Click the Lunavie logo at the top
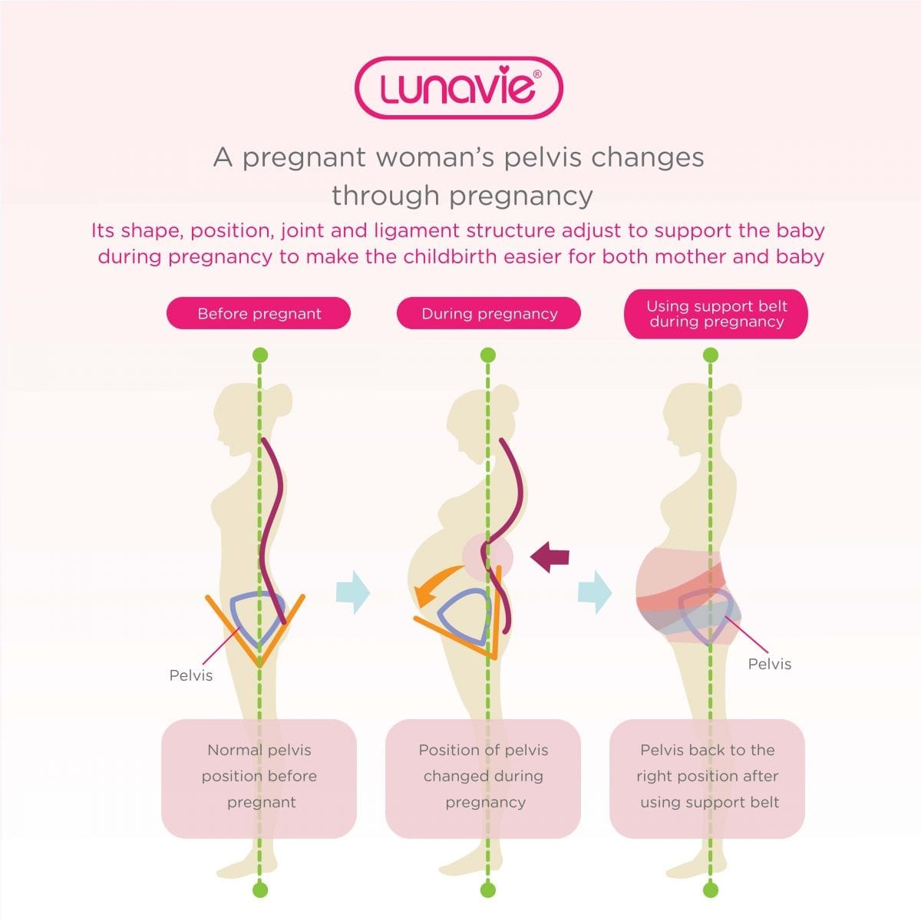click(459, 87)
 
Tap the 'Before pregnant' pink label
click(259, 313)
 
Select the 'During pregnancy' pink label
click(489, 313)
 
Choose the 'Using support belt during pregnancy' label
click(716, 314)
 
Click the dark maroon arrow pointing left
click(550, 556)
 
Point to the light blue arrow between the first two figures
click(353, 592)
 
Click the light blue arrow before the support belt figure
click(595, 592)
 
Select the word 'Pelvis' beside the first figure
click(190, 675)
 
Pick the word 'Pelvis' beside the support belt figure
click(770, 664)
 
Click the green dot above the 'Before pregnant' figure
click(260, 355)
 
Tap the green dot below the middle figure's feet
click(488, 890)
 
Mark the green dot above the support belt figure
click(711, 355)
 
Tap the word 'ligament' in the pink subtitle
click(416, 231)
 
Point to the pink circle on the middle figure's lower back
click(487, 557)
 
